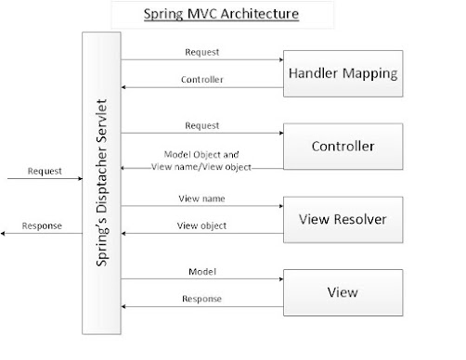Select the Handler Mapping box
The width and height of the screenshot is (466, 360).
[342, 72]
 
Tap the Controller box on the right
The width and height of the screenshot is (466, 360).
[342, 146]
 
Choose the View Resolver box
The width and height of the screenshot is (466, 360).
[342, 219]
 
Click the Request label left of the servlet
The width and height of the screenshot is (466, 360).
[45, 171]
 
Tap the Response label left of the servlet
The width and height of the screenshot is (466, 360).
[45, 224]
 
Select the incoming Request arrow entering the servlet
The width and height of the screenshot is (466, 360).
[42, 181]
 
